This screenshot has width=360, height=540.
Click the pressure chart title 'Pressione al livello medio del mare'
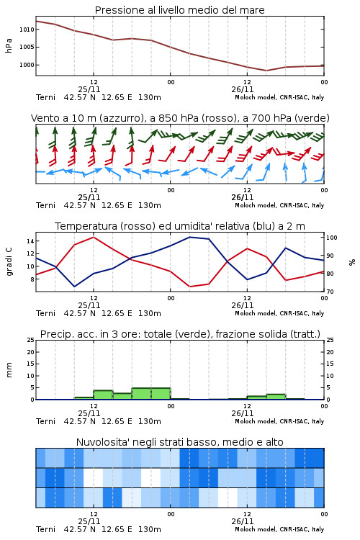(x=179, y=10)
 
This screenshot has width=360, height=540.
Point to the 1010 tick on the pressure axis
(x=27, y=30)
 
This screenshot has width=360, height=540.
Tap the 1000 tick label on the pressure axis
(x=27, y=65)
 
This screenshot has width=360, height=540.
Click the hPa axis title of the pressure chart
(x=9, y=45)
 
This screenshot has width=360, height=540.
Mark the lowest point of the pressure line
(x=266, y=71)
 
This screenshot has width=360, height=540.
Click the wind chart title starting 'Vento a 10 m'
(x=180, y=118)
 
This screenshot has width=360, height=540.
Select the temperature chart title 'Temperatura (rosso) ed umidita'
(x=180, y=226)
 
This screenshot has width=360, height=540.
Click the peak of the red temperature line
(x=94, y=237)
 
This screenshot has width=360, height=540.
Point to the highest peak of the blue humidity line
(x=189, y=237)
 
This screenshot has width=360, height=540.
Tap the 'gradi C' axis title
(x=9, y=262)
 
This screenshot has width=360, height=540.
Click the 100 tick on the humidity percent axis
(x=332, y=238)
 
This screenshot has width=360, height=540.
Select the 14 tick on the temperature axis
(x=30, y=241)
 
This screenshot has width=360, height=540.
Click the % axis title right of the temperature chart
(x=352, y=262)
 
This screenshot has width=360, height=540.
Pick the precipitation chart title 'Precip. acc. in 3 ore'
(x=180, y=334)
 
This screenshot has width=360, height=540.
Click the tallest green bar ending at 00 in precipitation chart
(x=161, y=394)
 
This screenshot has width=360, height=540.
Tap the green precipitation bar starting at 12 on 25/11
(x=103, y=395)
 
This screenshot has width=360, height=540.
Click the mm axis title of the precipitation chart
(x=9, y=370)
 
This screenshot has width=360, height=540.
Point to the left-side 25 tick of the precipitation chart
(x=31, y=340)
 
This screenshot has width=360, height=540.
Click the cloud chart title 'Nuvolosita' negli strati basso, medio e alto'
(x=179, y=442)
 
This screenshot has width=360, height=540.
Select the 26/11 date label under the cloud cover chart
(x=243, y=521)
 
